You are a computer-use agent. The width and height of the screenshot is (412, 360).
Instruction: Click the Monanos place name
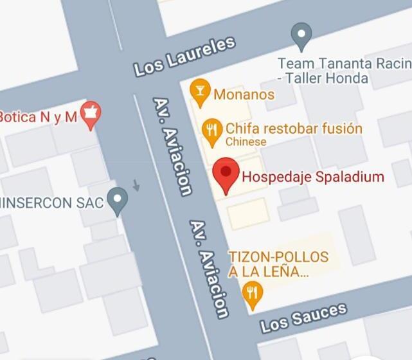coord(244,94)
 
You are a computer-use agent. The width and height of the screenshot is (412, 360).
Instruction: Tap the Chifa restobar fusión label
coord(294,128)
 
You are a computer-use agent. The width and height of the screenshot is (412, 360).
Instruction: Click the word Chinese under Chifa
coord(246,141)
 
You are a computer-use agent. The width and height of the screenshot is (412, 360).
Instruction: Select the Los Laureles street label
coord(184,57)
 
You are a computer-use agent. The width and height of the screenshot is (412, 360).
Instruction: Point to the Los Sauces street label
coord(303,318)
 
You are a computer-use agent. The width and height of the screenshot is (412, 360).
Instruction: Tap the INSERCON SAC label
coord(51,203)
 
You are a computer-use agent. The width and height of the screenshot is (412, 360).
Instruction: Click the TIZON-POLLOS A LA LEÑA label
coord(278,264)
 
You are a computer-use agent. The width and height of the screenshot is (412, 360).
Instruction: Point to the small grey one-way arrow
coord(136,185)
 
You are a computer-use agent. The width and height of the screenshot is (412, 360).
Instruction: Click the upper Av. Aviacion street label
coord(172,146)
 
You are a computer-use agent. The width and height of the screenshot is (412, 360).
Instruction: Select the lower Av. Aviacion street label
coord(209,269)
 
